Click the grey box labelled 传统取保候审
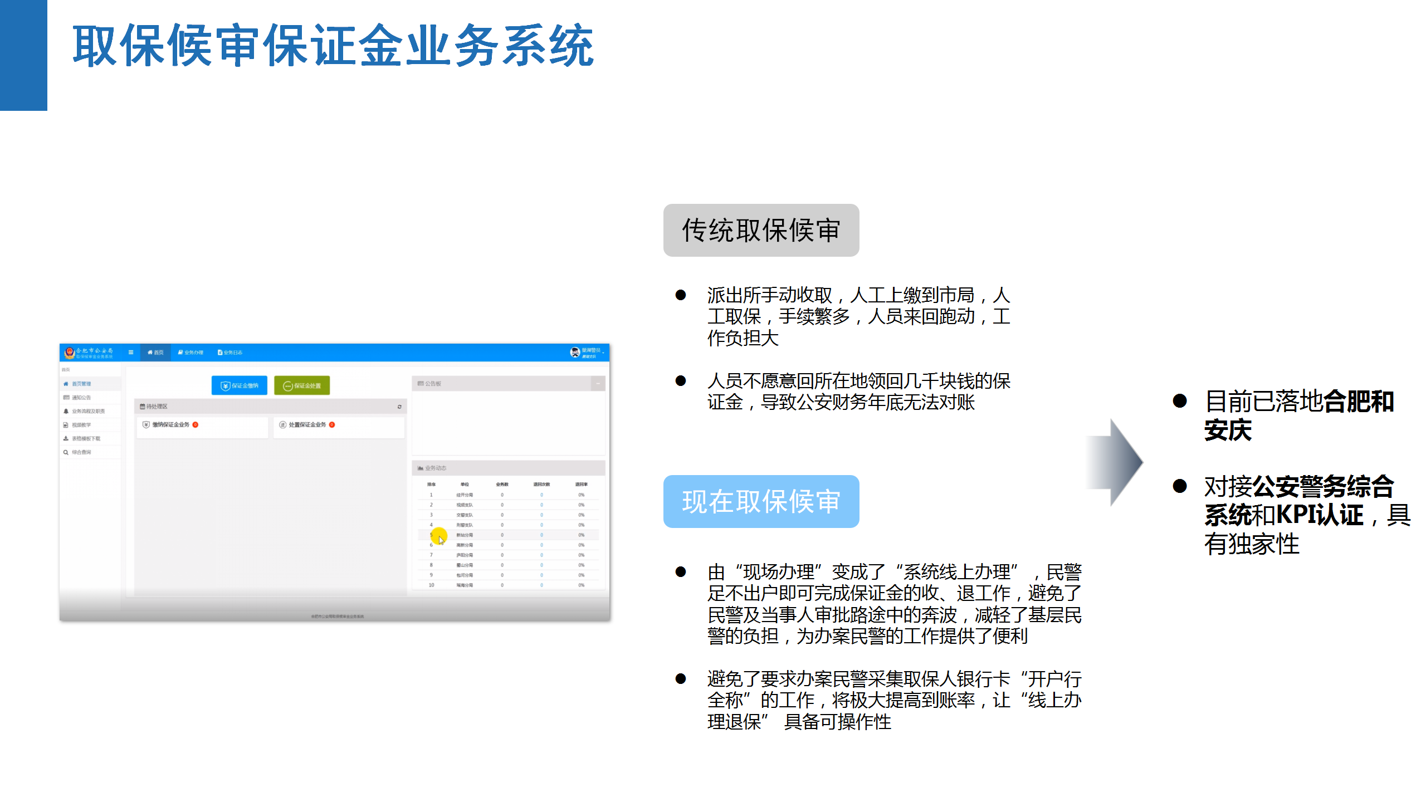(x=761, y=230)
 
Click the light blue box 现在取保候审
(x=761, y=501)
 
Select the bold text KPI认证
(x=1320, y=515)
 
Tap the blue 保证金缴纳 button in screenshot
(x=240, y=385)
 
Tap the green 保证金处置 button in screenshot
(x=302, y=385)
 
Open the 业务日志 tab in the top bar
(x=230, y=353)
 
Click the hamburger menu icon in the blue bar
(x=131, y=353)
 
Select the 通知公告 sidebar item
(x=81, y=398)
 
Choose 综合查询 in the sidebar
(x=81, y=452)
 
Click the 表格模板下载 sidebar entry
(x=85, y=439)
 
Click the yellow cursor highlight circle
(x=439, y=536)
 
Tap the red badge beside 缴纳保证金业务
(x=196, y=425)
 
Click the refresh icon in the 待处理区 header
(x=399, y=407)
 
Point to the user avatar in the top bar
(x=575, y=352)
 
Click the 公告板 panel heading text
(x=432, y=384)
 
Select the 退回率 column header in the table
(x=581, y=485)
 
